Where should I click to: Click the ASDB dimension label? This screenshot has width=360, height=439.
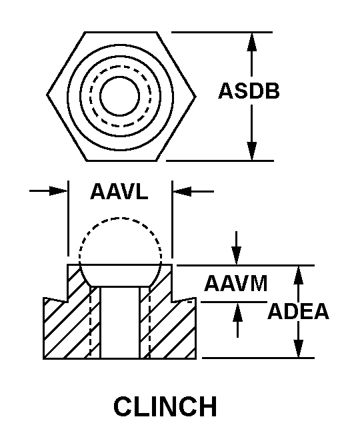click(x=249, y=91)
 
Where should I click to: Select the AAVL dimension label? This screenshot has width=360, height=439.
click(x=119, y=191)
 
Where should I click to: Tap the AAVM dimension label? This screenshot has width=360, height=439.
click(x=235, y=284)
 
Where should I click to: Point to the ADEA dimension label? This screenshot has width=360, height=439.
click(x=298, y=311)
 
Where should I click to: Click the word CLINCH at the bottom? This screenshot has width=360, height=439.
click(x=165, y=406)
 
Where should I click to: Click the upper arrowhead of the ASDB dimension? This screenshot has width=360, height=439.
click(x=251, y=42)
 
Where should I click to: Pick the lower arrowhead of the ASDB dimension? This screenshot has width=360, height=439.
click(x=251, y=151)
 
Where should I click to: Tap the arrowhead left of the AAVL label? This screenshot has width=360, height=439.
click(x=59, y=191)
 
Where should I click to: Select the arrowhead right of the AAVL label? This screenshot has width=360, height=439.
click(x=182, y=192)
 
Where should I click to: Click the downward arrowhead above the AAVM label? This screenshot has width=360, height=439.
click(x=237, y=255)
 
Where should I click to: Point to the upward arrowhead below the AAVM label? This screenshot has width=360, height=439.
click(x=237, y=312)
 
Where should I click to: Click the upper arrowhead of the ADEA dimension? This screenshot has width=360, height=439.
click(x=299, y=275)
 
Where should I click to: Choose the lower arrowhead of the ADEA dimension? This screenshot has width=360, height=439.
click(x=299, y=348)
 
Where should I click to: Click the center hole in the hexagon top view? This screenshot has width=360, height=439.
click(x=119, y=96)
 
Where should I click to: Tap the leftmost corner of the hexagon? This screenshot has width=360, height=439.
click(x=47, y=95)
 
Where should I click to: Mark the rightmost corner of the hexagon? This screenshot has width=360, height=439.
click(x=195, y=97)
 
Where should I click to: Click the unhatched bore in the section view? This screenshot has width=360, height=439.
click(x=119, y=322)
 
